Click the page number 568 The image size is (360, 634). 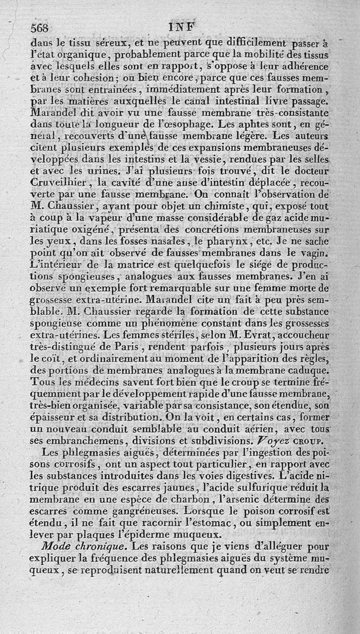[39, 27]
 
